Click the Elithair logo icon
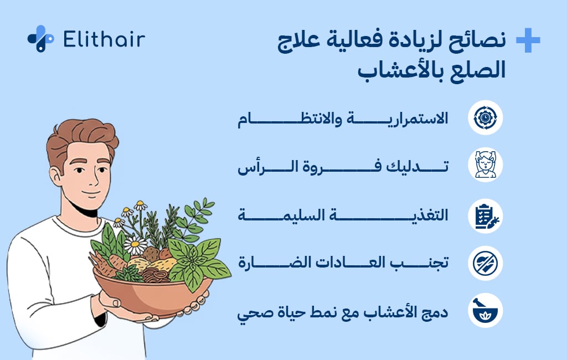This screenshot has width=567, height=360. (x=40, y=39)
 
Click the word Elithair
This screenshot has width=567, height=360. (x=104, y=39)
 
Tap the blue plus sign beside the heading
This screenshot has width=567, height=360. (x=528, y=40)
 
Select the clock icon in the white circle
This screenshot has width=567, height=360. (x=485, y=117)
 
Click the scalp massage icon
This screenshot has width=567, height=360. (x=485, y=164)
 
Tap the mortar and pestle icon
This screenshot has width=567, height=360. (x=485, y=310)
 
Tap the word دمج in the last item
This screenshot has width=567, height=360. (x=435, y=312)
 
